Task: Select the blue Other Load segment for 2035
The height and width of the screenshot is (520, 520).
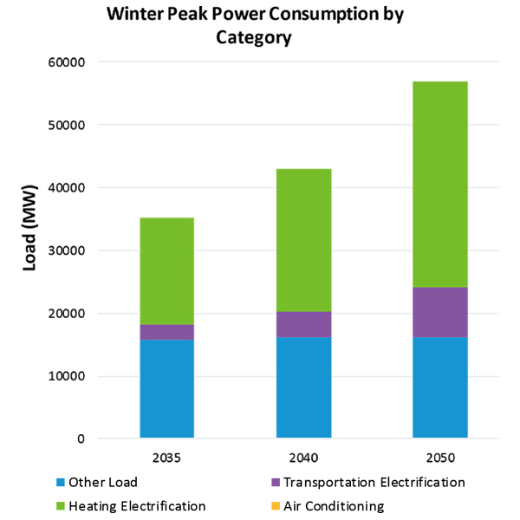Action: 166,388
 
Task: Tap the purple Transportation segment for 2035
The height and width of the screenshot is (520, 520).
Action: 166,332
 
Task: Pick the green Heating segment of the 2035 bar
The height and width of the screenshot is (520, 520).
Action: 166,271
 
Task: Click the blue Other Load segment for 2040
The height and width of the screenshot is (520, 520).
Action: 303,387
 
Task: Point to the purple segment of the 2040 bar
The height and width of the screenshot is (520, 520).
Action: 303,324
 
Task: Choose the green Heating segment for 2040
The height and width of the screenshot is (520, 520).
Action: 303,240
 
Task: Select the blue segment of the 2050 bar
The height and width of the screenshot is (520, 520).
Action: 440,387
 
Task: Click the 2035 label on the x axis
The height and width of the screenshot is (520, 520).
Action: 166,457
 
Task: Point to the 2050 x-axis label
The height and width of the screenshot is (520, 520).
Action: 440,457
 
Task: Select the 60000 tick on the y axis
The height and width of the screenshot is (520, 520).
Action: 65,62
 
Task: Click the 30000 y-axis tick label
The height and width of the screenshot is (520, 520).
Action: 65,250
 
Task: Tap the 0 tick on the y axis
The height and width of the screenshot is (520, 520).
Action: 80,439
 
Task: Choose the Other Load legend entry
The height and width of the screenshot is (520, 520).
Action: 102,482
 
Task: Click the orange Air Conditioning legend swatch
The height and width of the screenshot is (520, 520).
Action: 276,506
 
